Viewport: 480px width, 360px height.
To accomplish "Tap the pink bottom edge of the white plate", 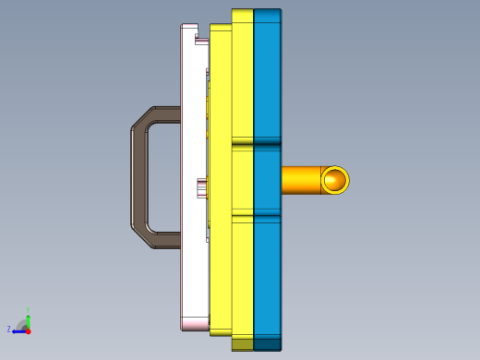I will point(195,325).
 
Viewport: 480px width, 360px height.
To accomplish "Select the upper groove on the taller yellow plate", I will point(242,144).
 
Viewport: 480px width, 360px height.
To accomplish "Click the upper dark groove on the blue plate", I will point(267,144).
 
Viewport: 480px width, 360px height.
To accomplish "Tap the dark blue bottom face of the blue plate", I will point(267,344).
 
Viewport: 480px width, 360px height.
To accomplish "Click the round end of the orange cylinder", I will point(335,180).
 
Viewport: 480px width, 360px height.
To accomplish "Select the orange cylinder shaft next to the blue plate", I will point(300,180).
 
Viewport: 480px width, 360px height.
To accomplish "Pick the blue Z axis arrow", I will point(18,330).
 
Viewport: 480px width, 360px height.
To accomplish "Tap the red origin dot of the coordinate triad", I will point(29,330).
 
